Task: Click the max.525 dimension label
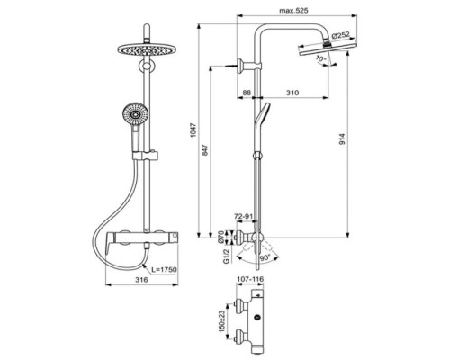(x=292, y=11)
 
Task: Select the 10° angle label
(x=322, y=59)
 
